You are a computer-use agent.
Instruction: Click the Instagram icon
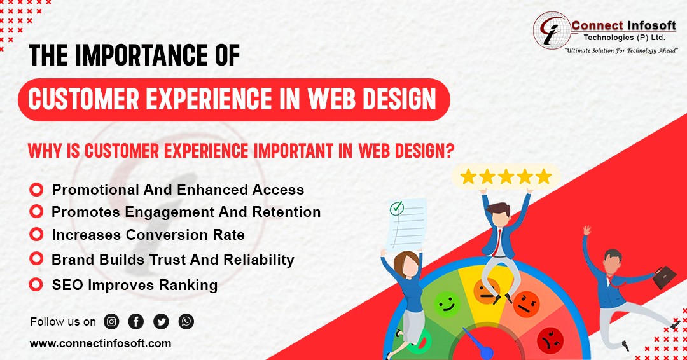pyautogui.click(x=111, y=322)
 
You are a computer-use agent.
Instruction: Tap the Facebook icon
pyautogui.click(x=136, y=322)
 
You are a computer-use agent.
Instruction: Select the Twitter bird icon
pyautogui.click(x=161, y=322)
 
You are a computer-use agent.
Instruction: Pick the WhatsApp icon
pyautogui.click(x=186, y=322)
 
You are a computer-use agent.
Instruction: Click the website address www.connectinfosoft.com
pyautogui.click(x=101, y=343)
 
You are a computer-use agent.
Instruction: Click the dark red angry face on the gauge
pyautogui.click(x=550, y=340)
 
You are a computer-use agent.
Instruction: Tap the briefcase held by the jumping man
pyautogui.click(x=665, y=277)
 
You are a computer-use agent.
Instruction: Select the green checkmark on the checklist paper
pyautogui.click(x=397, y=207)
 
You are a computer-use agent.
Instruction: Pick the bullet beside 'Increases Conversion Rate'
pyautogui.click(x=36, y=234)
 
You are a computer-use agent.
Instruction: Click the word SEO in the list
pyautogui.click(x=67, y=285)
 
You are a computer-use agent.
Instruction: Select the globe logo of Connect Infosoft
pyautogui.click(x=552, y=31)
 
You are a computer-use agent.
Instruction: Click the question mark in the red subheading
pyautogui.click(x=449, y=151)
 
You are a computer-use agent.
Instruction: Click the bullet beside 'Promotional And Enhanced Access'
pyautogui.click(x=36, y=190)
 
